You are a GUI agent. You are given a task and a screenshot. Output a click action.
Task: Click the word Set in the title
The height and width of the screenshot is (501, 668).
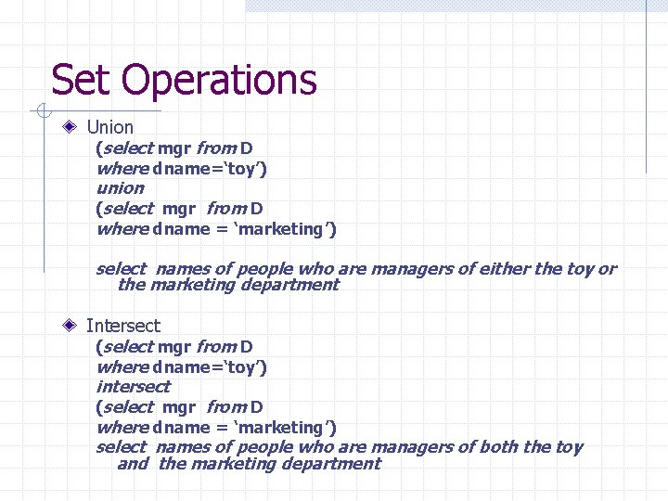[x=82, y=80]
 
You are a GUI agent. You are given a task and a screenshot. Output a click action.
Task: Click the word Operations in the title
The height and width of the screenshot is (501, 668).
[x=219, y=82]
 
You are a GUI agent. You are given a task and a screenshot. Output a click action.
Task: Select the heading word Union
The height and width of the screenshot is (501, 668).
[x=109, y=127]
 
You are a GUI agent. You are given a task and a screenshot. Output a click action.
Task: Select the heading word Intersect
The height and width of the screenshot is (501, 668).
[x=122, y=326]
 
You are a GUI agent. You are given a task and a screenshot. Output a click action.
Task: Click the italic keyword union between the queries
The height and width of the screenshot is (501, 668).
[x=120, y=187]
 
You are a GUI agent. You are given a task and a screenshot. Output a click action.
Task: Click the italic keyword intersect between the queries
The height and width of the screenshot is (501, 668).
[x=133, y=386]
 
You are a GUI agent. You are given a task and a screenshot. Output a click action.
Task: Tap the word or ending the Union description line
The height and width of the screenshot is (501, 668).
[x=606, y=269]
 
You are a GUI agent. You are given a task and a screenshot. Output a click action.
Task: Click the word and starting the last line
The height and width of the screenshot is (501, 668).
[x=133, y=464]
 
